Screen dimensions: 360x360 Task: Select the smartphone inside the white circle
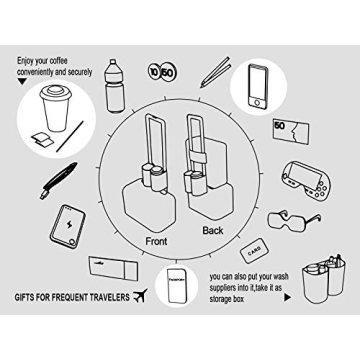[257, 87]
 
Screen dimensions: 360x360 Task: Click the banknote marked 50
[290, 130]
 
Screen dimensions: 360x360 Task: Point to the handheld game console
[306, 175]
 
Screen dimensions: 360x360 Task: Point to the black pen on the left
[58, 179]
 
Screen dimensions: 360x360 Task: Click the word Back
[212, 231]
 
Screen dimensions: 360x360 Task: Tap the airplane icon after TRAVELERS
[139, 296]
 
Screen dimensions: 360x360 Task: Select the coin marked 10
[154, 71]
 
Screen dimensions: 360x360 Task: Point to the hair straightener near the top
[213, 71]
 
